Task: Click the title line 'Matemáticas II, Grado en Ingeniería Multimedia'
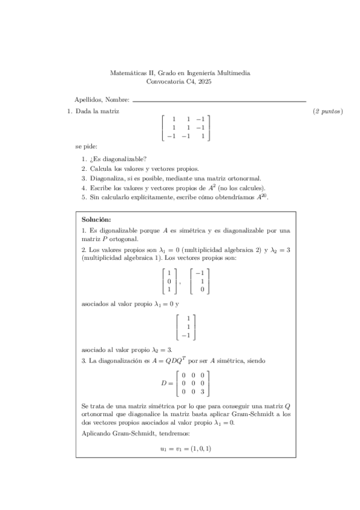pyautogui.click(x=180, y=73)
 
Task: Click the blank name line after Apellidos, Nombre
pyautogui.click(x=219, y=100)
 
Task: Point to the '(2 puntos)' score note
pyautogui.click(x=328, y=112)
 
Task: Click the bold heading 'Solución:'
pyautogui.click(x=96, y=220)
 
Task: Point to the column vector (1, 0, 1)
pyautogui.click(x=168, y=281)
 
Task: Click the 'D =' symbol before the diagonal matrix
pyautogui.click(x=166, y=383)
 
